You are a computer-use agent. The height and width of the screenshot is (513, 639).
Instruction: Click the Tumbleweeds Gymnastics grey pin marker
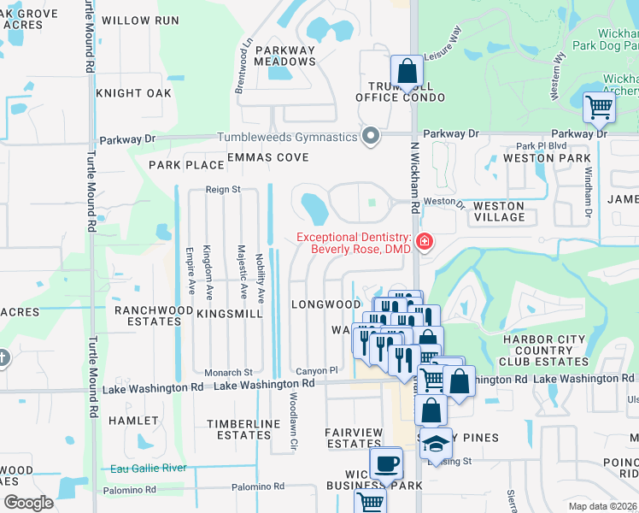point(370,137)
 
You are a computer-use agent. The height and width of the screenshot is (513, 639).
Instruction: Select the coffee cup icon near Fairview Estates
point(385,463)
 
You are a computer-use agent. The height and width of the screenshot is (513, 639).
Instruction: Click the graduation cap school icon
point(437,444)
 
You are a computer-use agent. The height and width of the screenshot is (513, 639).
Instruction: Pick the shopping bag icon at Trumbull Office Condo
point(407,72)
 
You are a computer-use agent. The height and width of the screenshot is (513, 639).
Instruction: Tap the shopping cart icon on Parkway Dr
point(599,108)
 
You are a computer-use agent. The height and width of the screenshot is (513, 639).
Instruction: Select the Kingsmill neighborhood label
point(230,315)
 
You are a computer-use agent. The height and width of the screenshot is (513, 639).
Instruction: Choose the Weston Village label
point(499,211)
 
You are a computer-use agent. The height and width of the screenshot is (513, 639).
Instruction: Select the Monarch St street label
point(228,373)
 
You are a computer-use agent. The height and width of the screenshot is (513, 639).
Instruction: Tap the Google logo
point(28,503)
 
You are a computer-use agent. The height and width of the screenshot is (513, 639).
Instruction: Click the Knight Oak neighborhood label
point(134,92)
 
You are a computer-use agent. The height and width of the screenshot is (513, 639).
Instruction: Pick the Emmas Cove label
point(267,157)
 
